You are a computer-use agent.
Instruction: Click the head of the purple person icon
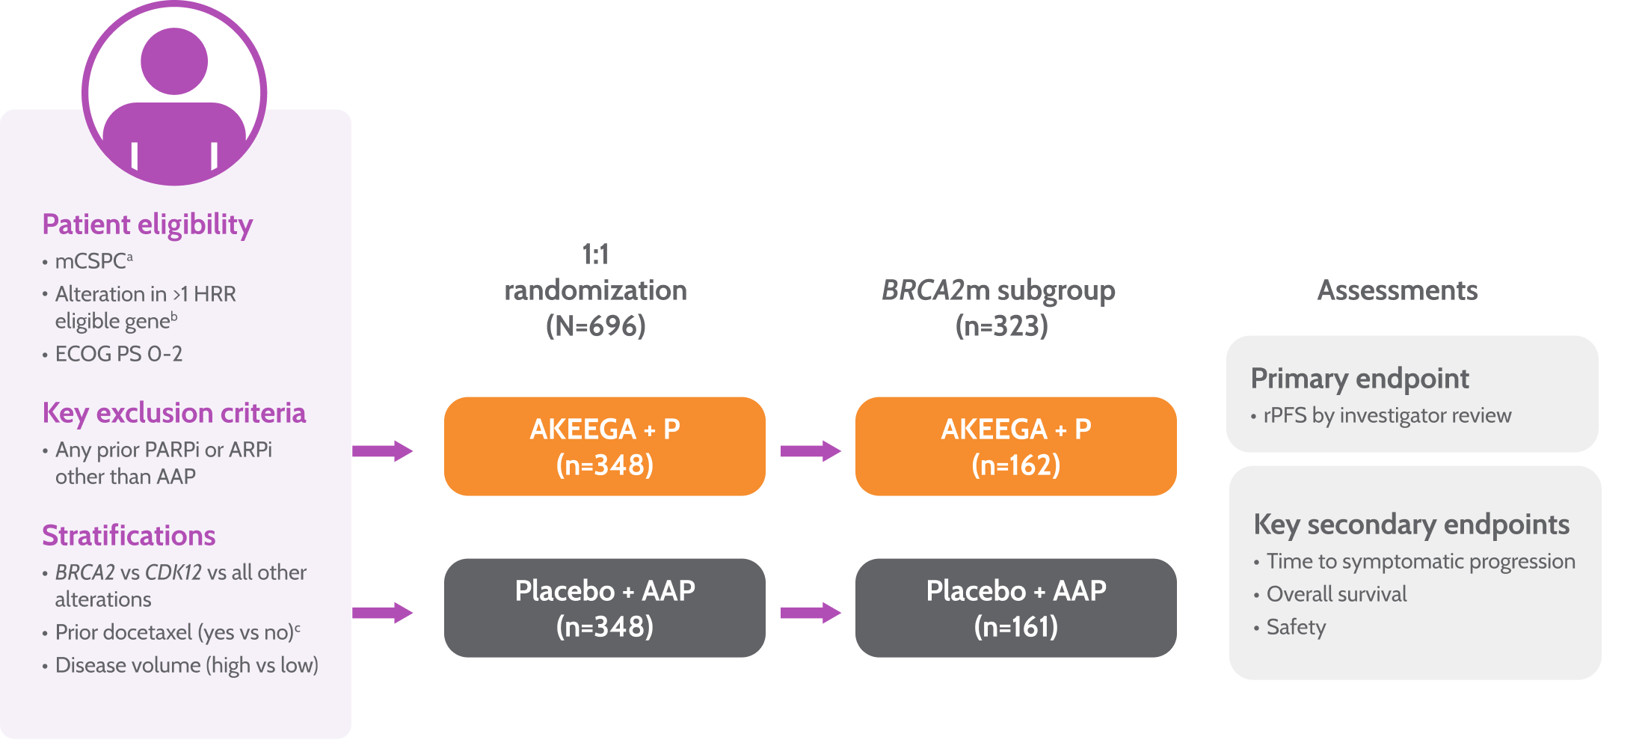tap(174, 61)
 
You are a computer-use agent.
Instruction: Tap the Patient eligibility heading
tap(147, 224)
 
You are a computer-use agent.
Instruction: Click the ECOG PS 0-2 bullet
tap(118, 354)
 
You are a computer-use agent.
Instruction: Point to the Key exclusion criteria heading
tap(173, 413)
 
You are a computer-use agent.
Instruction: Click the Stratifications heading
tap(129, 536)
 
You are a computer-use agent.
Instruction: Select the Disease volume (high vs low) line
tap(186, 665)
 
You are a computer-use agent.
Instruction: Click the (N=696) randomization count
tap(595, 325)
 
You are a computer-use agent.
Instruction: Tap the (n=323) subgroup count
tap(1001, 325)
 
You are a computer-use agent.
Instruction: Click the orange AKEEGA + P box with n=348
tap(604, 447)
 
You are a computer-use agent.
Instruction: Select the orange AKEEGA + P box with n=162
tap(1015, 447)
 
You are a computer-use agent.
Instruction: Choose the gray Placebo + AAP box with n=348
tap(604, 608)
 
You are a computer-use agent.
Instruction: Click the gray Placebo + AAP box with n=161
tap(1015, 608)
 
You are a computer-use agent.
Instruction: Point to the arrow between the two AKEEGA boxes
tap(811, 450)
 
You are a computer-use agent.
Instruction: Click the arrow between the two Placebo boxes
tap(811, 613)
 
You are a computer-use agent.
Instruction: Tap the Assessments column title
tap(1397, 290)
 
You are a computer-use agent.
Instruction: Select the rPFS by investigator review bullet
tap(1386, 415)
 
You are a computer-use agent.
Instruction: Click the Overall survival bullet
tap(1336, 594)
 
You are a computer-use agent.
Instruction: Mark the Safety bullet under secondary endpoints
tap(1296, 627)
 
